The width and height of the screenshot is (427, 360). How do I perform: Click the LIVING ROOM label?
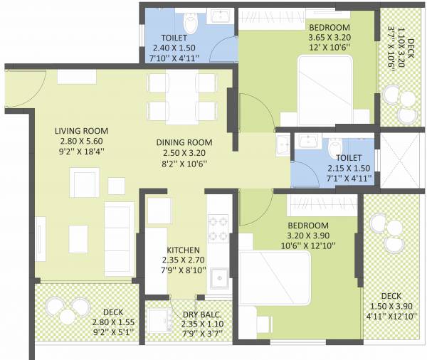coord(81,131)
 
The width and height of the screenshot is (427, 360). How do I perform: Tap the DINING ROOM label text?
coord(184,142)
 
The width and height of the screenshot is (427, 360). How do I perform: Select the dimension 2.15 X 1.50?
coord(344,169)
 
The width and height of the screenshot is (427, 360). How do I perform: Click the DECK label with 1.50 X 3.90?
coord(391,295)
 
